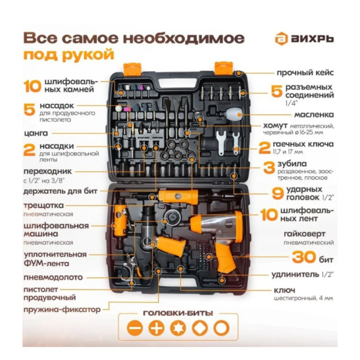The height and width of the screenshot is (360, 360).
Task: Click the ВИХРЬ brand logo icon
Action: [x=282, y=39]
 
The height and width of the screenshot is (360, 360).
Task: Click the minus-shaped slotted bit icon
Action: [x=134, y=328]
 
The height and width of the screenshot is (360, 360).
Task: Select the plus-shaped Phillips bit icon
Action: [x=155, y=328]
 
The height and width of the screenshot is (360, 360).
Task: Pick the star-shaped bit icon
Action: [x=177, y=328]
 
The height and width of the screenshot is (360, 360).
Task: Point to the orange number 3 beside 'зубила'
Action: [x=269, y=166]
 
